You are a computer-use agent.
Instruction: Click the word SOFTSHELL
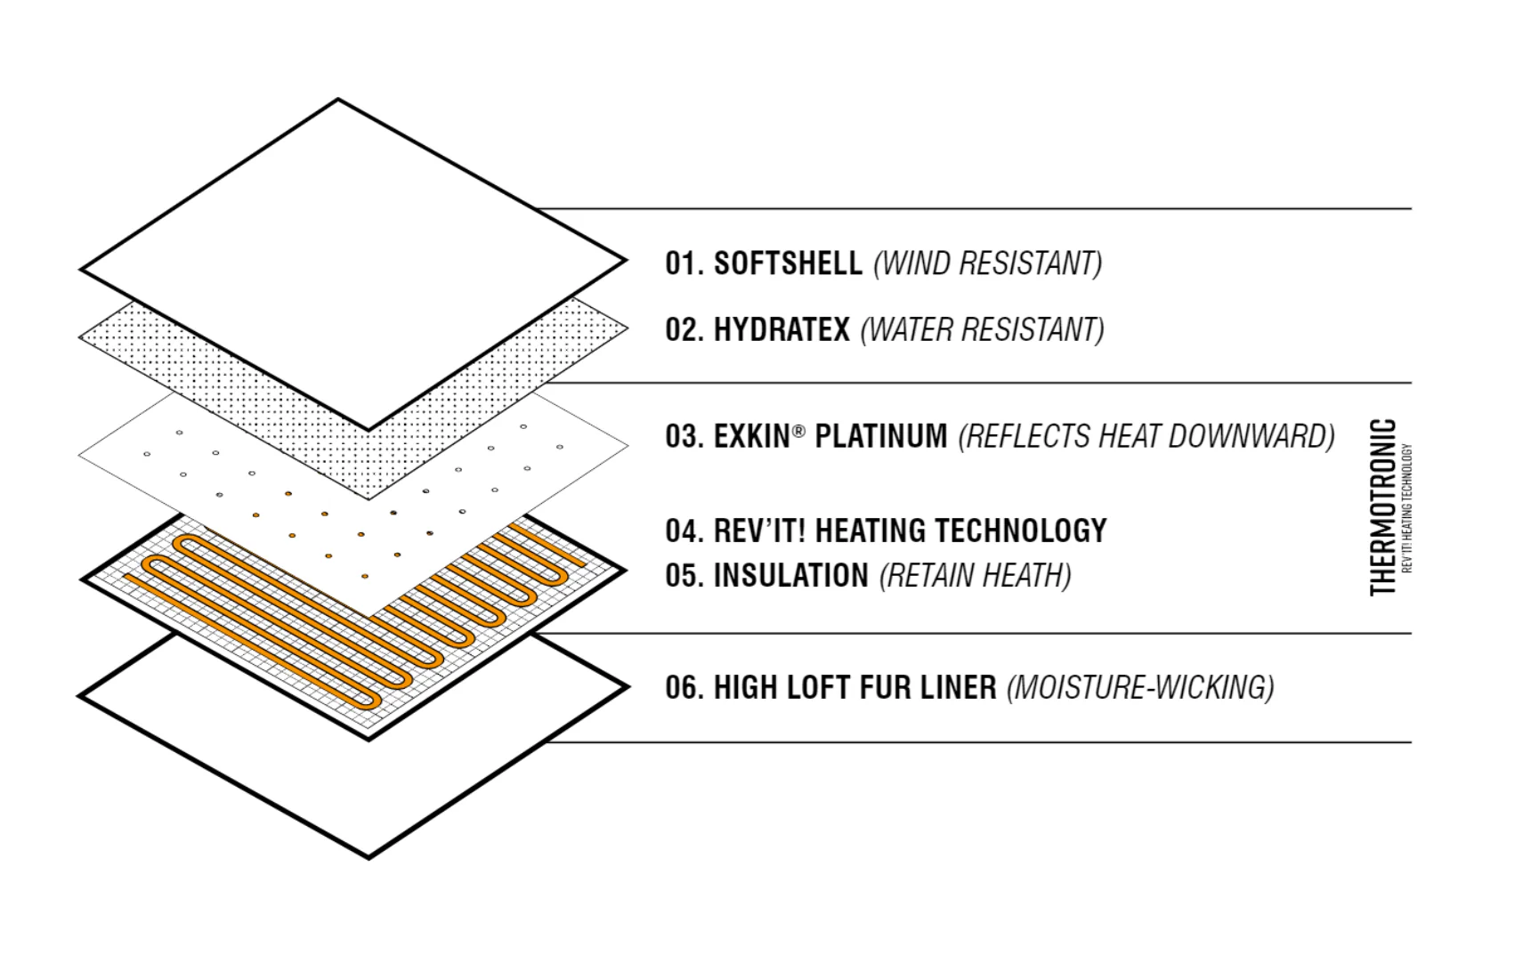click(x=788, y=263)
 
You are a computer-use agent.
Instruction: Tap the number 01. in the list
click(x=685, y=263)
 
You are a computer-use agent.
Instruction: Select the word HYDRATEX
click(x=782, y=329)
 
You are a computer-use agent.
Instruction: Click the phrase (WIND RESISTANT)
click(x=988, y=263)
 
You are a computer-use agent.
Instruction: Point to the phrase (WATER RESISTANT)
click(x=983, y=329)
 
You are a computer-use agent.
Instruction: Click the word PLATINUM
click(x=881, y=436)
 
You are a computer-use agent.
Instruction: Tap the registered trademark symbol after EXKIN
click(x=799, y=431)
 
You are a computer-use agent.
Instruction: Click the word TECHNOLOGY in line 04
click(x=1021, y=531)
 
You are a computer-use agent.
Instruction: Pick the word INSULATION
click(x=791, y=576)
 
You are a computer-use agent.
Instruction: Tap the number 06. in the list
click(x=685, y=687)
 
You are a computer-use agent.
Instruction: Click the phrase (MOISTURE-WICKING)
click(x=1140, y=687)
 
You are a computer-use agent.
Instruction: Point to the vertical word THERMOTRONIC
click(x=1383, y=507)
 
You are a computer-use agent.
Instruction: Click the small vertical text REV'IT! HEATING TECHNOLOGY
click(x=1407, y=508)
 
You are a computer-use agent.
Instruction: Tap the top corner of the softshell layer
click(x=338, y=101)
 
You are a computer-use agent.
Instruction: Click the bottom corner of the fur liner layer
click(x=369, y=858)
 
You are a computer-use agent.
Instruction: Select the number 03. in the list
click(x=685, y=436)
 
